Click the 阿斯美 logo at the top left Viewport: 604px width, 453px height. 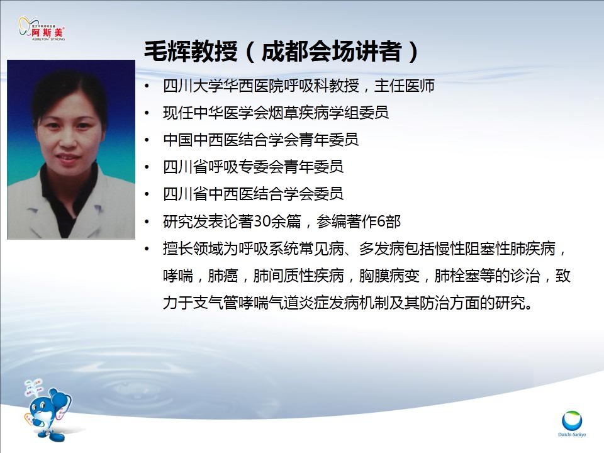42,29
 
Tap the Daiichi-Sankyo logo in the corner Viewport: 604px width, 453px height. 572,423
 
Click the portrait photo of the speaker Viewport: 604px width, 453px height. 71,150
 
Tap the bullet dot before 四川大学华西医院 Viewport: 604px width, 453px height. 147,86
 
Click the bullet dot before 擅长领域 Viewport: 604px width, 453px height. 147,249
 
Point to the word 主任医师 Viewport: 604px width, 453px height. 405,86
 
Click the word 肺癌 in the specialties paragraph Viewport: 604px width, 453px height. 223,276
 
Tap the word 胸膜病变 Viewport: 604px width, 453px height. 389,276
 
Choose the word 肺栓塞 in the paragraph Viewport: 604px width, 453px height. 457,276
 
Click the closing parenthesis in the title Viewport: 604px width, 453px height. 414,51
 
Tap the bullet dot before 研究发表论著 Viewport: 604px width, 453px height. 147,222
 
